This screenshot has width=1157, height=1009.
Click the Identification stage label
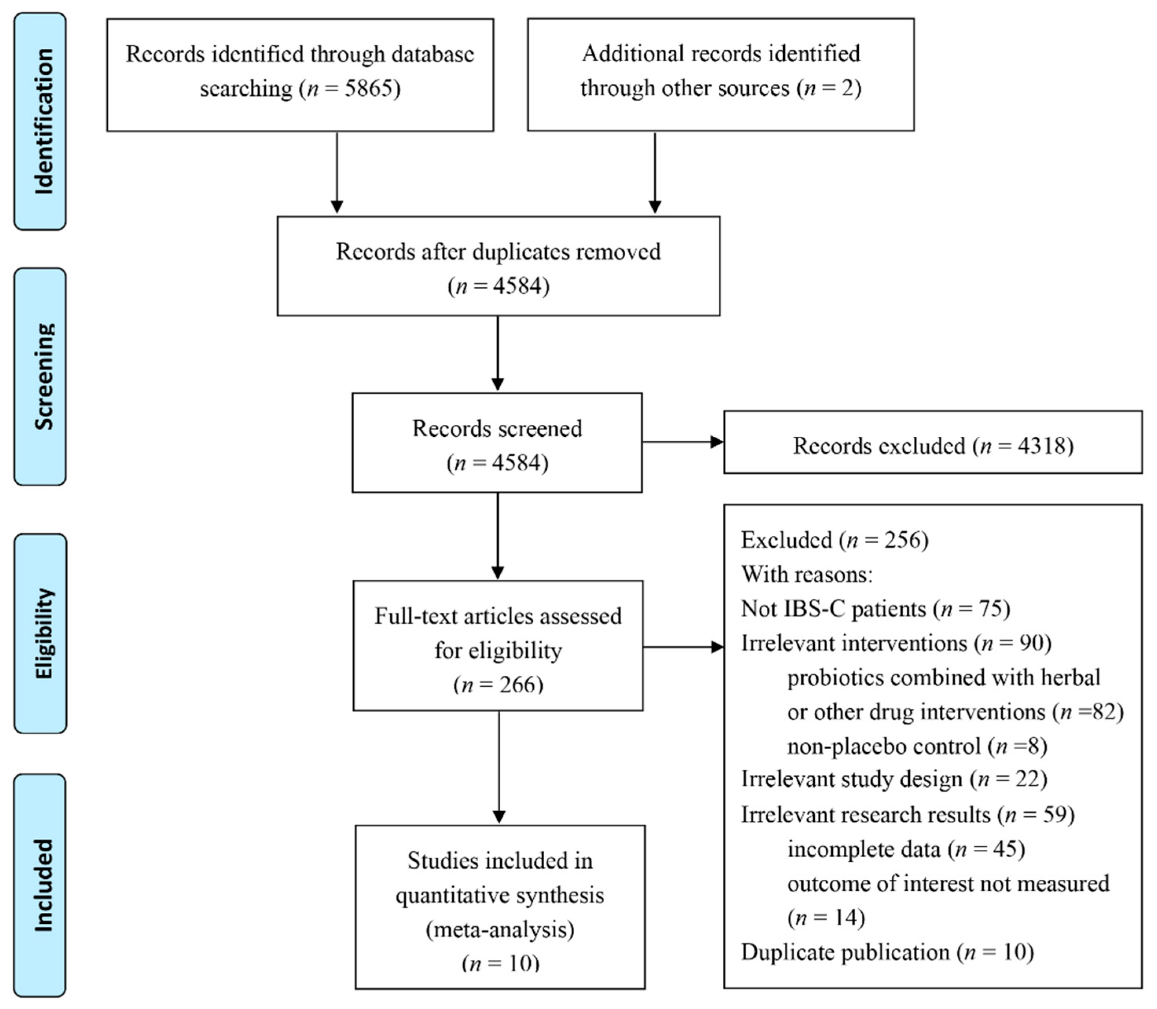pos(40,121)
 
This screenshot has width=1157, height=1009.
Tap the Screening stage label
pos(40,376)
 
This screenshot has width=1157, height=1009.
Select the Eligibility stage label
pos(40,634)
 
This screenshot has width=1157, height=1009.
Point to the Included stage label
pos(40,885)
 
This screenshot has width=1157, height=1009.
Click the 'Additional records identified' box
pos(721,74)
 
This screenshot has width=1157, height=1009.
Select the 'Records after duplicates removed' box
pos(498,266)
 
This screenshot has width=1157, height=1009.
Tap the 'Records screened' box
pos(497,443)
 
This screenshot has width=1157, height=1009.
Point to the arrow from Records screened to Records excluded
pos(682,442)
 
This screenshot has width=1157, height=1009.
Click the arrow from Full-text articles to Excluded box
pos(682,647)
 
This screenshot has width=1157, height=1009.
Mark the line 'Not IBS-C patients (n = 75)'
pos(876,609)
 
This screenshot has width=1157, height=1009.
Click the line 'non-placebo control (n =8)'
pos(916,746)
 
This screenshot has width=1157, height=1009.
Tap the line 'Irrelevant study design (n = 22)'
pos(894,779)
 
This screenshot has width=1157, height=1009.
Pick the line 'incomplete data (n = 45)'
pos(905,849)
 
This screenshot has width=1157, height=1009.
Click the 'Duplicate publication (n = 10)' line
pos(887,952)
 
